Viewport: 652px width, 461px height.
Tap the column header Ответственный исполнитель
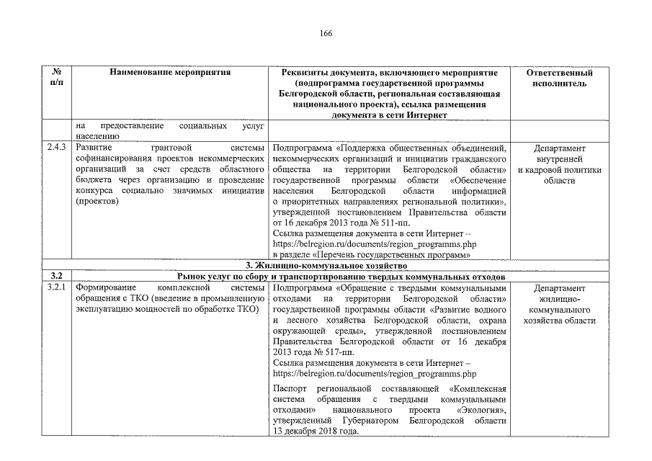559,78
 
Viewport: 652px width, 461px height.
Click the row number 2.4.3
57,148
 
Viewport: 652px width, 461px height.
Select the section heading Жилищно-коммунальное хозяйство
326,266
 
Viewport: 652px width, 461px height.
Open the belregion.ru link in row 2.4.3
375,244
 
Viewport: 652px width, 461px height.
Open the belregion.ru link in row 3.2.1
375,374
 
